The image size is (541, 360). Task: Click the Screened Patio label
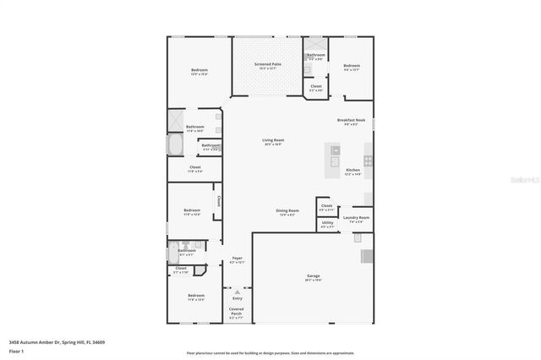268,64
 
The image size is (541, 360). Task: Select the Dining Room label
287,211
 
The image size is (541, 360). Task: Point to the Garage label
313,277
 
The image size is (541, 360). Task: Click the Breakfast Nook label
351,121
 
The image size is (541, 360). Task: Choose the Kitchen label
352,171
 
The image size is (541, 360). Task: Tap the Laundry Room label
356,219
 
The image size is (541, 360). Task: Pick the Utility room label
327,224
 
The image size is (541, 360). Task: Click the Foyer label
238,259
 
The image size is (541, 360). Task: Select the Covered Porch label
237,310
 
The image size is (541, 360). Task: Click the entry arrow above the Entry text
238,291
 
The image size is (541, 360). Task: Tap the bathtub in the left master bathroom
175,145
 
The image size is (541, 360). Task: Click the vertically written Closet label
218,201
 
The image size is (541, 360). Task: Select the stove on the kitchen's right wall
369,159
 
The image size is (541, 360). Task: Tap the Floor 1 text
16,350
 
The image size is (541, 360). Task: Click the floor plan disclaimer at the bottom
270,353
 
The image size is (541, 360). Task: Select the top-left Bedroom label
199,70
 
